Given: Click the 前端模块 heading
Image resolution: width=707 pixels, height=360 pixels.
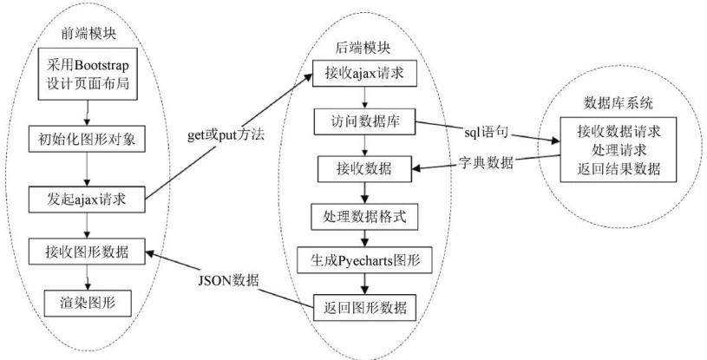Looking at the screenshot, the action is (88, 33).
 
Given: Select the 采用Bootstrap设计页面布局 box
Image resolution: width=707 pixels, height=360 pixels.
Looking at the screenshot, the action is (88, 74).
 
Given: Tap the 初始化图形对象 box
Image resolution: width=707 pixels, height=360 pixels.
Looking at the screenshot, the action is (87, 139).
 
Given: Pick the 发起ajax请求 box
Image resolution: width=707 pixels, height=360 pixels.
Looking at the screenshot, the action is (87, 200).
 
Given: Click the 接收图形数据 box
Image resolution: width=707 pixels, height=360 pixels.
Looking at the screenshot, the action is (87, 252).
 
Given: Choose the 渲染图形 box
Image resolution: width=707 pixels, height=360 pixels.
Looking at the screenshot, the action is (88, 303).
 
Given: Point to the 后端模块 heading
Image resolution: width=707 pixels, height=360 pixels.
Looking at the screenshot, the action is (363, 48).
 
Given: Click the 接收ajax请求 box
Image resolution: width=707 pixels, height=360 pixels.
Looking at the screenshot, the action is (364, 74).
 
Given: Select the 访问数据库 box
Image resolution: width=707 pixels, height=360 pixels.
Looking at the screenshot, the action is (365, 121).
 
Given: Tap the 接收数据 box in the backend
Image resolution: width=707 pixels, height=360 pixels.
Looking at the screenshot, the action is (364, 168).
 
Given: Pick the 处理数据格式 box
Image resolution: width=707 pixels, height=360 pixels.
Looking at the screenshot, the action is (364, 217).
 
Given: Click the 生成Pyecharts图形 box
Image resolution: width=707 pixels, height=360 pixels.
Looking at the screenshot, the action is (364, 260).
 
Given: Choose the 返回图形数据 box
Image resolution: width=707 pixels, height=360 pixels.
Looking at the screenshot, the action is (364, 307).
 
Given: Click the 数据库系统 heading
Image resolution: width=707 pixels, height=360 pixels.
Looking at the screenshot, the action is (619, 103).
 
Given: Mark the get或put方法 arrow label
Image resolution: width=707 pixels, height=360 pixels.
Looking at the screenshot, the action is (226, 135).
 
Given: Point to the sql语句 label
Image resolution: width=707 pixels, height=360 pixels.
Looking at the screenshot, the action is (487, 132).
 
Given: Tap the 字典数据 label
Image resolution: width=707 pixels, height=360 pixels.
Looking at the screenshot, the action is (486, 162).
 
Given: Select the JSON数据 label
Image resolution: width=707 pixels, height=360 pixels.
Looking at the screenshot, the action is (229, 280).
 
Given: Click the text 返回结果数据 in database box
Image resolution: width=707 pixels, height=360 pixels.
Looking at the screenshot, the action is (619, 168).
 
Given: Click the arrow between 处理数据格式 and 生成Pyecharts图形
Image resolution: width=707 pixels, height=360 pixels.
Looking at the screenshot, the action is (364, 239).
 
